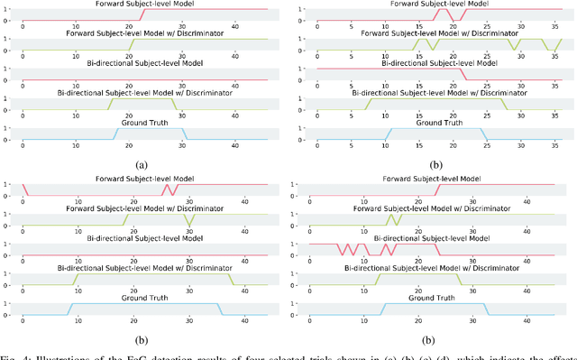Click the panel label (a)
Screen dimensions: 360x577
141,165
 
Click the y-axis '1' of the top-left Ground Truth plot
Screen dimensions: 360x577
8,129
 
